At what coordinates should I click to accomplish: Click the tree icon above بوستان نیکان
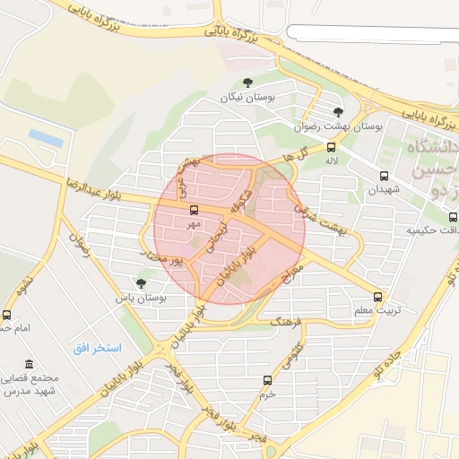point(248,82)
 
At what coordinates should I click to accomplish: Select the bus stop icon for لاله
point(332,148)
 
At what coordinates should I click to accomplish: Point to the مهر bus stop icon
point(194,209)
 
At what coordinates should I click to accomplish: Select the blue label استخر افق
point(102,346)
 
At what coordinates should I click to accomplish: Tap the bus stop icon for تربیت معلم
point(377,297)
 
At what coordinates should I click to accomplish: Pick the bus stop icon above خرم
point(265,379)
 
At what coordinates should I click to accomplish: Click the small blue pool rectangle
point(45,137)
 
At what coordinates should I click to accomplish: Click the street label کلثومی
point(291,356)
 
